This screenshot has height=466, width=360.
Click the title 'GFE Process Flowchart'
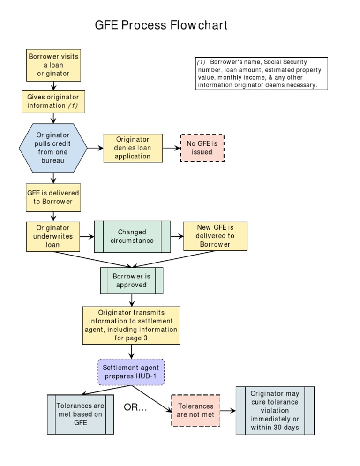click(161, 25)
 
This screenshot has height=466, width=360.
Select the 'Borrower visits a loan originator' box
click(53, 65)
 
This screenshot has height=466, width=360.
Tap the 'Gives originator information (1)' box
click(53, 101)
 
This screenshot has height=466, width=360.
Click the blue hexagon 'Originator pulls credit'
click(53, 148)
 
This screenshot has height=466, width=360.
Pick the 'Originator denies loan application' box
click(133, 148)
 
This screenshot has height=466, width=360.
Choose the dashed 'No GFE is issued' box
click(202, 148)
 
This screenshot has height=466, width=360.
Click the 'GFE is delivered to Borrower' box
click(53, 197)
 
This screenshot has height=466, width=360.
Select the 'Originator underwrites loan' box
click(53, 236)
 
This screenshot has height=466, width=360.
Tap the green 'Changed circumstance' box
click(132, 236)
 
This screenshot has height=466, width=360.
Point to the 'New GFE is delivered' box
click(215, 236)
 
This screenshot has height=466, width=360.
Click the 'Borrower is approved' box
click(132, 280)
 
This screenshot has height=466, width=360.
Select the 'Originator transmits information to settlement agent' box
click(131, 325)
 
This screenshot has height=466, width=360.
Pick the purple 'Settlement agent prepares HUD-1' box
click(131, 372)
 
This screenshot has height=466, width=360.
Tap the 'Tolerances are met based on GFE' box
click(80, 414)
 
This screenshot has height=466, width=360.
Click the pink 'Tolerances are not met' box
click(195, 410)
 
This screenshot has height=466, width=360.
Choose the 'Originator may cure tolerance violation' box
click(275, 411)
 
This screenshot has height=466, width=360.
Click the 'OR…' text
click(135, 407)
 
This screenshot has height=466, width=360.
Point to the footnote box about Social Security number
click(261, 73)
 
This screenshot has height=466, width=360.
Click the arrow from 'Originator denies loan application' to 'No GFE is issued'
click(172, 148)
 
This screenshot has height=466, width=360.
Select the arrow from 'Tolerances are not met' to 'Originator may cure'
click(228, 411)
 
